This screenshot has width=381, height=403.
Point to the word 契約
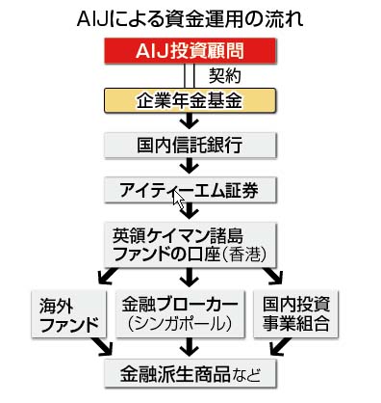pyautogui.click(x=225, y=74)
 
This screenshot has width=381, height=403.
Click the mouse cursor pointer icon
pyautogui.click(x=179, y=201)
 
